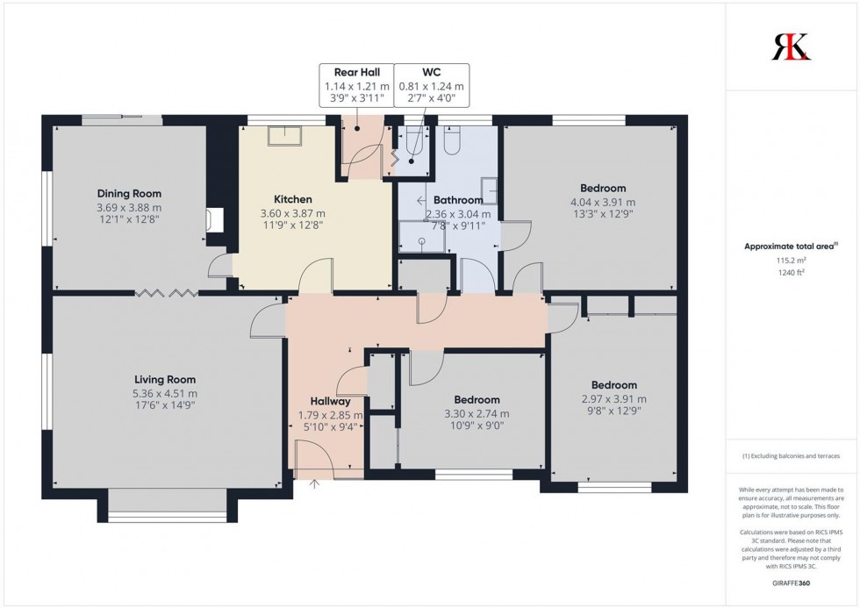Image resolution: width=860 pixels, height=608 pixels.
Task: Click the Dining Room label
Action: [x=129, y=194]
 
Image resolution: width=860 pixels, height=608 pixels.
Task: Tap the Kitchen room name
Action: [x=292, y=200]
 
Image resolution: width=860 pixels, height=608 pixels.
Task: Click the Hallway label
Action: [x=330, y=401]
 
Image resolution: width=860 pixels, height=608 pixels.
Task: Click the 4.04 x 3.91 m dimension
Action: [x=603, y=201]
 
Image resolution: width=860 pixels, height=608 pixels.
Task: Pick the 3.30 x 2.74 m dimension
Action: [x=477, y=414]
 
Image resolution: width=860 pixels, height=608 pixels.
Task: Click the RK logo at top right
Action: [x=791, y=46]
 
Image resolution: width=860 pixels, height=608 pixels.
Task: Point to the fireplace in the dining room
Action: [x=212, y=220]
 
